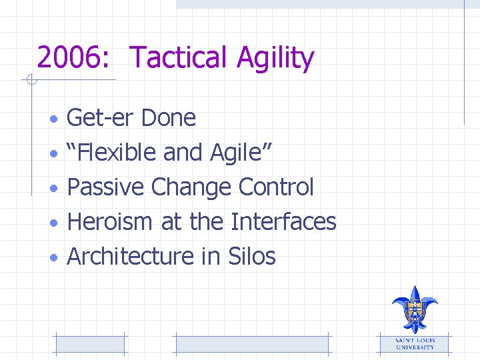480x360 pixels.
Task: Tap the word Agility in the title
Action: pyautogui.click(x=275, y=59)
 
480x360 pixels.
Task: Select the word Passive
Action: pyautogui.click(x=106, y=187)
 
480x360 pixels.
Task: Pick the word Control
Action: pyautogui.click(x=275, y=187)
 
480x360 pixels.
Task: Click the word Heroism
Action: pyautogui.click(x=111, y=221)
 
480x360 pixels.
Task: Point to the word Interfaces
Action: pyautogui.click(x=283, y=221)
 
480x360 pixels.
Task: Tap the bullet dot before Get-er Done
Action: pyautogui.click(x=56, y=119)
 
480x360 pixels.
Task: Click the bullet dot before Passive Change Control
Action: pyautogui.click(x=56, y=189)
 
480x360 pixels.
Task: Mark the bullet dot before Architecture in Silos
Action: pyautogui.click(x=56, y=257)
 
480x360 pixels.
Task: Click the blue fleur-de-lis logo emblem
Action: pyautogui.click(x=415, y=308)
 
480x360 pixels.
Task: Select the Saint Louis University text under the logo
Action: pyautogui.click(x=415, y=344)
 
